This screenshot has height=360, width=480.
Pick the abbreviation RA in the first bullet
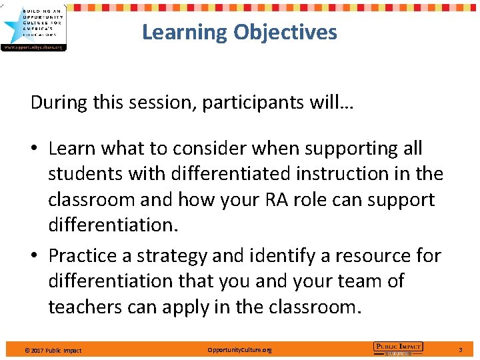click(286, 200)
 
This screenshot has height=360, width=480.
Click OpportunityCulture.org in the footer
click(239, 350)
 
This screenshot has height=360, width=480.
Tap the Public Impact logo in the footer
click(398, 347)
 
